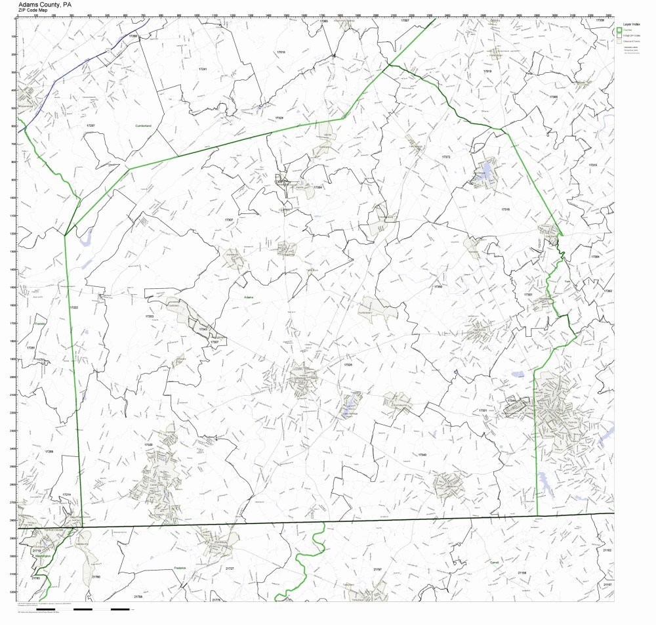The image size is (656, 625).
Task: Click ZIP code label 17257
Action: pos(91,125)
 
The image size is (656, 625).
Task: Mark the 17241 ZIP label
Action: pos(203,69)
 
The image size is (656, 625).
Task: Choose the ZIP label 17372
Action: pos(446,158)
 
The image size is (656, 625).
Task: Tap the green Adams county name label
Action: pos(249,297)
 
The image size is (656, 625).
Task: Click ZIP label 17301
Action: pos(528,295)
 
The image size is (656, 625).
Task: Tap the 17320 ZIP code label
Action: pos(148,444)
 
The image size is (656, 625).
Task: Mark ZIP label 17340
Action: pos(422,454)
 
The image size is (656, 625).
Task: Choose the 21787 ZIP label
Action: pos(377,569)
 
